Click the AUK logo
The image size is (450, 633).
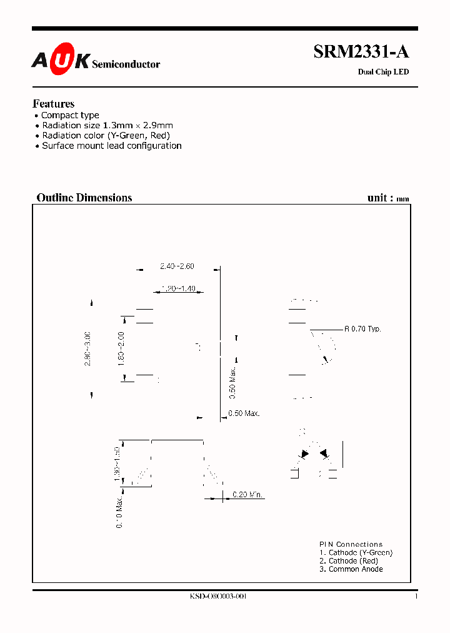[x=61, y=59]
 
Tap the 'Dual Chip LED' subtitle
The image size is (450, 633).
[x=382, y=72]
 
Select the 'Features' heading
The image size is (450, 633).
[x=53, y=104]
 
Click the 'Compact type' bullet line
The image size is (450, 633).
[x=69, y=115]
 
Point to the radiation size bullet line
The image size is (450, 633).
[x=107, y=125]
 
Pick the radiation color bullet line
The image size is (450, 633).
[x=106, y=135]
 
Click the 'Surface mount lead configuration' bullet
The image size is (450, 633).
[x=111, y=146]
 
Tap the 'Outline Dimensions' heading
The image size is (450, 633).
[x=84, y=198]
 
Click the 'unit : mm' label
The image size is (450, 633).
[x=388, y=198]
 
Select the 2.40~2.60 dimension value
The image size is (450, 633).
[x=177, y=266]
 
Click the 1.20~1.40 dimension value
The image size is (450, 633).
[x=178, y=288]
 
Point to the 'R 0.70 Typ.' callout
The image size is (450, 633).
[x=362, y=329]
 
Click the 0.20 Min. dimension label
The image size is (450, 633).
[x=247, y=495]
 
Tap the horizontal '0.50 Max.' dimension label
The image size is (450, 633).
[x=244, y=413]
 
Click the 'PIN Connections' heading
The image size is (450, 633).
[x=351, y=544]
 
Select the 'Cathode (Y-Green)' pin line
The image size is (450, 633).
[x=356, y=552]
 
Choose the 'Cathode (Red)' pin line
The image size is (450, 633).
[x=349, y=561]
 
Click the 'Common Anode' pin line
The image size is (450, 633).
[x=351, y=569]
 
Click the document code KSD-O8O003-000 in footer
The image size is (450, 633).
[x=218, y=597]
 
